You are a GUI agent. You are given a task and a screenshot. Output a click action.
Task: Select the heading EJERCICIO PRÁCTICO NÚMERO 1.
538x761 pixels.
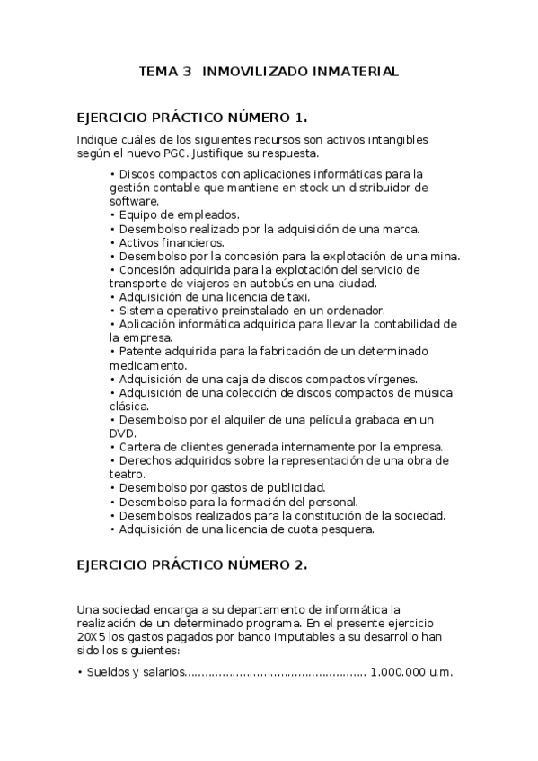coord(192,118)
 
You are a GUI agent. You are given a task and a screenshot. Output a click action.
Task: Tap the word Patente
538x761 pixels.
coord(142,350)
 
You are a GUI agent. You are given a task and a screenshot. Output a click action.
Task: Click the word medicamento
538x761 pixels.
coord(147,364)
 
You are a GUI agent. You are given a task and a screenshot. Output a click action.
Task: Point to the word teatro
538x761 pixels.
coord(128,474)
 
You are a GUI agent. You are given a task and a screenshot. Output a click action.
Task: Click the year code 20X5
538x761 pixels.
coord(92,636)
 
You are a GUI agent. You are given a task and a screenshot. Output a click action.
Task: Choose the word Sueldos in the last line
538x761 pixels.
coord(110,672)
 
